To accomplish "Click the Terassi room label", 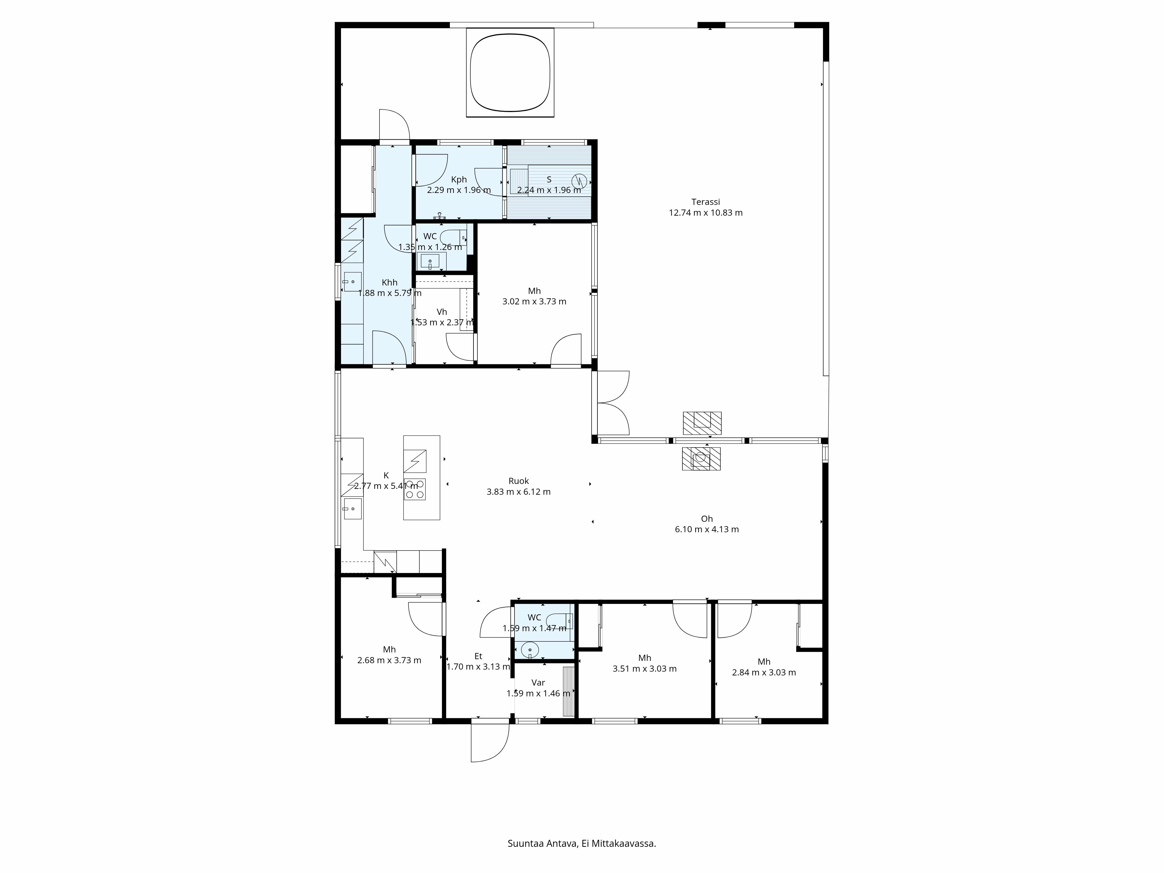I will coord(705,202).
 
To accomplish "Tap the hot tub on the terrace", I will coord(510,73).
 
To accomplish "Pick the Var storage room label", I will coord(538,682).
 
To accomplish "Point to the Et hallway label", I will coord(478,656).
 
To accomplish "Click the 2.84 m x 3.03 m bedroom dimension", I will coord(764,673).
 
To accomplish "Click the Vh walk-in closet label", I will coord(441,312).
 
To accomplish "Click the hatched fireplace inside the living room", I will coord(701,458).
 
